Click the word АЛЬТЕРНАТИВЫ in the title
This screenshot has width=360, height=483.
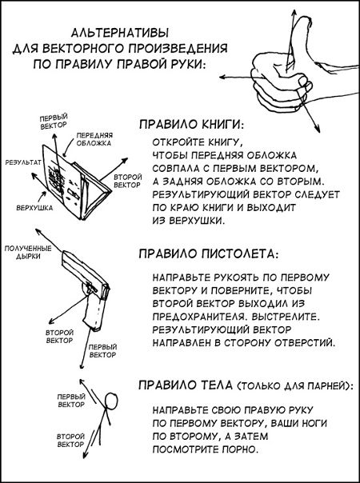tap(120, 33)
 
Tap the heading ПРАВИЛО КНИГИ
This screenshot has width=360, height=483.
tap(190, 125)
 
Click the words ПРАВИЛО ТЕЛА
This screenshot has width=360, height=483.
tap(186, 385)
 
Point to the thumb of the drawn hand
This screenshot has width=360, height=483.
tap(300, 40)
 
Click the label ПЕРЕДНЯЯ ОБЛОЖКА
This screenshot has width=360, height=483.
tap(94, 139)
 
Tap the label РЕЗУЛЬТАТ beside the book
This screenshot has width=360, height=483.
tap(23, 162)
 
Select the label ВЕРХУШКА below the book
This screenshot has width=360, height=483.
tap(34, 208)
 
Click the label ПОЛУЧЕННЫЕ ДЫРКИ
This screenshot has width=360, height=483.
tap(28, 252)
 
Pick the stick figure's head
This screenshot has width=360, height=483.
tap(111, 401)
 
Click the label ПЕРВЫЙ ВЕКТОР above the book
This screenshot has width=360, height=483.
tap(54, 122)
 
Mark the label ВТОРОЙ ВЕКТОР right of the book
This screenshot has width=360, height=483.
tap(128, 181)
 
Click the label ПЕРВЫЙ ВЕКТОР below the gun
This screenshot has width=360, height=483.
tap(102, 351)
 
